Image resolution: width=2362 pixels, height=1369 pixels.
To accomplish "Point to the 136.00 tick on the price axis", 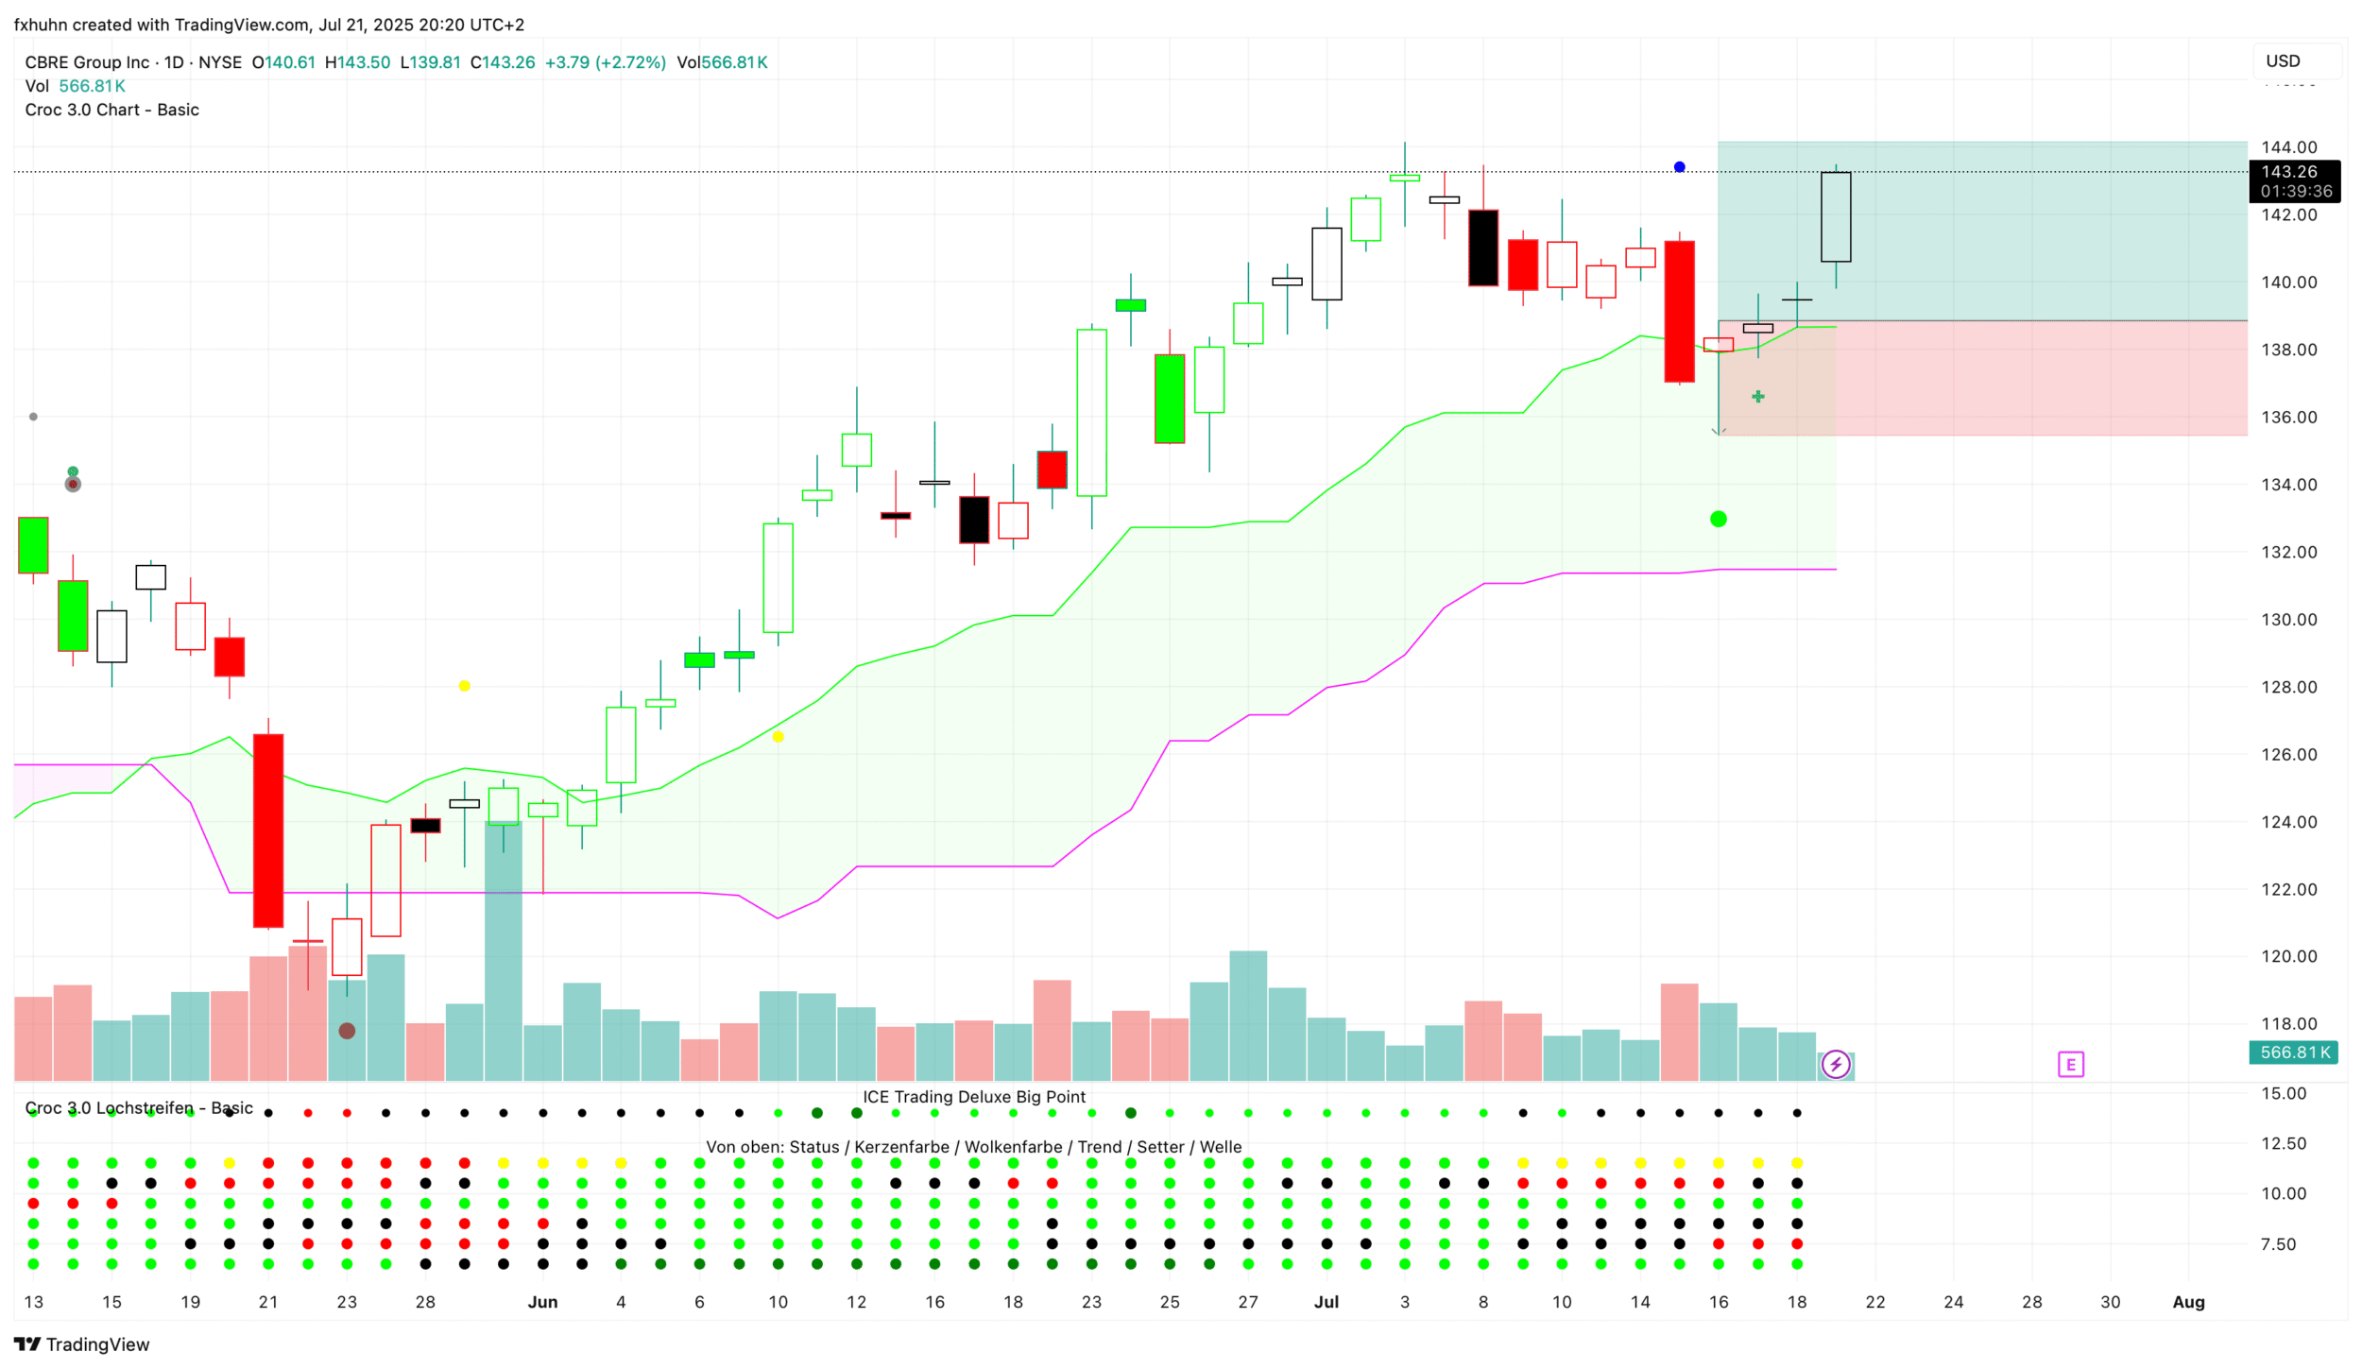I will [x=2288, y=418].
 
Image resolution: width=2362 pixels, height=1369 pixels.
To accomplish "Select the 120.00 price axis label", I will [x=2288, y=956].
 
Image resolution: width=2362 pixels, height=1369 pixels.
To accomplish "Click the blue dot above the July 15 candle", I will [x=1679, y=167].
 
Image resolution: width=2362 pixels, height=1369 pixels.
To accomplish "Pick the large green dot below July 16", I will [x=1718, y=519].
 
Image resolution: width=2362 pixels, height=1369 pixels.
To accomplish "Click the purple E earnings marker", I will [x=2070, y=1065].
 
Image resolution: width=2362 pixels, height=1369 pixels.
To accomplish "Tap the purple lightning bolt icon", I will [x=1836, y=1065].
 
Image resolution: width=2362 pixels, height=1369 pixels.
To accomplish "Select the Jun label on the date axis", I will [x=542, y=1302].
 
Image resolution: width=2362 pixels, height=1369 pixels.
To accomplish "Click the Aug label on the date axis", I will [x=2188, y=1302].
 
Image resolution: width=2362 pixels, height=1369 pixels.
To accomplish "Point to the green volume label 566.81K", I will [x=2293, y=1052].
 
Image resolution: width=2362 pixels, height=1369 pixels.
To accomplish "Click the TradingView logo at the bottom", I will [x=82, y=1344].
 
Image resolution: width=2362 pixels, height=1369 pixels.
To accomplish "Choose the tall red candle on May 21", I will [x=268, y=830].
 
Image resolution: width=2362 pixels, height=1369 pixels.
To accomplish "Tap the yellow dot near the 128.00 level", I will [x=464, y=686].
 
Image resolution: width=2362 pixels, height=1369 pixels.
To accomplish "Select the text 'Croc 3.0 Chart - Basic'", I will [x=111, y=110].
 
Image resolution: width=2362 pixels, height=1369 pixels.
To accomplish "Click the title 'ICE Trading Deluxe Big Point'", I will [x=973, y=1097].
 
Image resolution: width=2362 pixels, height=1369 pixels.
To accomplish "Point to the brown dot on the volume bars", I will [x=347, y=1031].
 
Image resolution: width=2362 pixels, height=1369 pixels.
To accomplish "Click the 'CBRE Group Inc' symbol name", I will [x=87, y=62].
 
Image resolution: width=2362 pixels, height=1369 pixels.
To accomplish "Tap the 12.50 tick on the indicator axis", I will [x=2283, y=1143].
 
